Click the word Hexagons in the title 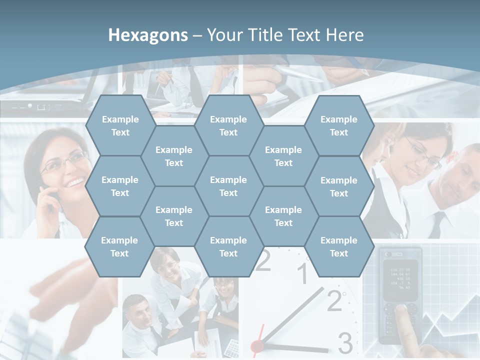tap(148, 35)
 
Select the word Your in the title tap(225, 35)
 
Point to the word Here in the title tap(344, 35)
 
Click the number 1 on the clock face tap(302, 274)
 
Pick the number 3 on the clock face tap(345, 343)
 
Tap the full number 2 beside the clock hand tap(334, 301)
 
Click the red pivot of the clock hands tap(257, 345)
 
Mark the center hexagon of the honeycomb tap(228, 186)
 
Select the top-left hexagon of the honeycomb tap(120, 125)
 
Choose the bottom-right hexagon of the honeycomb tap(339, 246)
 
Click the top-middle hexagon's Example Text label tap(228, 125)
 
